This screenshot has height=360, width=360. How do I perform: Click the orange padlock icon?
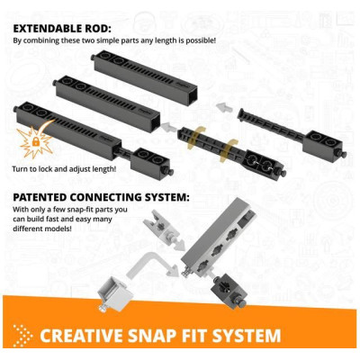point(36,141)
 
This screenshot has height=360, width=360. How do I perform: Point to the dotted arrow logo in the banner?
point(23,336)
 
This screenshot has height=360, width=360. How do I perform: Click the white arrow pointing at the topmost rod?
point(222,107)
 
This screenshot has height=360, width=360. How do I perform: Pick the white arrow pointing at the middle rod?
point(167,127)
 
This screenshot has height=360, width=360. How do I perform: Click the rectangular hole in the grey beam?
point(245,222)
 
